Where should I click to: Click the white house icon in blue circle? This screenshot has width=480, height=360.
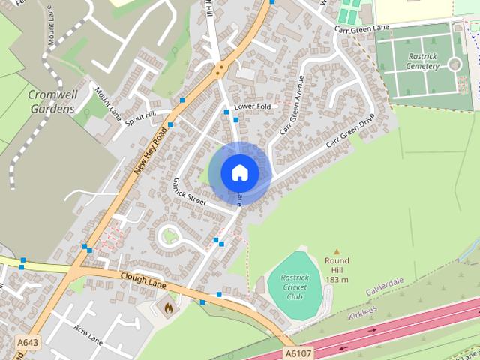coord(239,172)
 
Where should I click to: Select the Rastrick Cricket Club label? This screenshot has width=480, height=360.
coord(295,286)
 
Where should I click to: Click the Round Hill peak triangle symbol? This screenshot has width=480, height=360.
coord(337,252)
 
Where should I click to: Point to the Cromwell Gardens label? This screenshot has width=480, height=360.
coord(51,102)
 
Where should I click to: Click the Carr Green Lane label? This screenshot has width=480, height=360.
coord(361,28)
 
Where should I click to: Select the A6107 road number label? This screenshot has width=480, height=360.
coord(298,352)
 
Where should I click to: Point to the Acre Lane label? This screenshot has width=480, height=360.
coord(88,333)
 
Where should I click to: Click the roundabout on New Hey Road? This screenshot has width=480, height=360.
coord(219,71)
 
